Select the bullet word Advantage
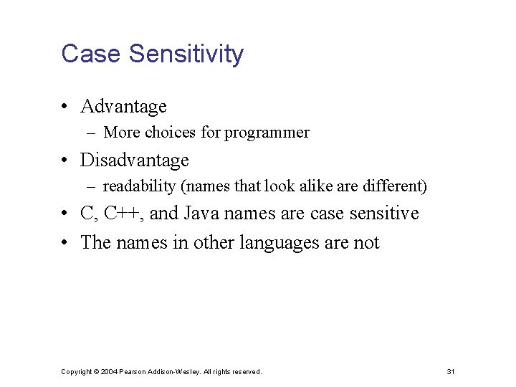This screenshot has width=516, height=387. pyautogui.click(x=123, y=107)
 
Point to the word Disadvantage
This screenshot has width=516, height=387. pyautogui.click(x=135, y=161)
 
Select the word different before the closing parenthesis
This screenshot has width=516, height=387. pyautogui.click(x=398, y=187)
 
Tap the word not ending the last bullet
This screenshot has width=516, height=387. pyautogui.click(x=366, y=243)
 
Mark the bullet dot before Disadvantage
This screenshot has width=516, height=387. pyautogui.click(x=64, y=161)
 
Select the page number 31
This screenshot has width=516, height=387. pyautogui.click(x=451, y=372)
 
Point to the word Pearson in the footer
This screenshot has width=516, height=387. pyautogui.click(x=133, y=372)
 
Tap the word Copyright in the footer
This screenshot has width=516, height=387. pyautogui.click(x=77, y=372)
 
